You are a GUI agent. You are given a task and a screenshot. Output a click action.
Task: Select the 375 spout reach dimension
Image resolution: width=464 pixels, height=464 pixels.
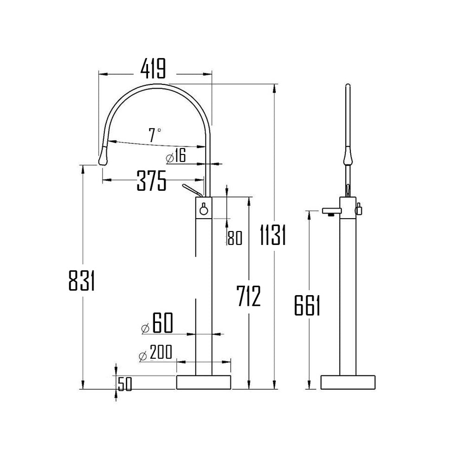coord(151,180)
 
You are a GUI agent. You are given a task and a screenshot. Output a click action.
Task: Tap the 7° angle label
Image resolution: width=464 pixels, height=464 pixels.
coord(155,135)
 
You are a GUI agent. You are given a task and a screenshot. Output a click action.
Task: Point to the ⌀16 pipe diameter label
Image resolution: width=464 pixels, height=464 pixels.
coord(175,157)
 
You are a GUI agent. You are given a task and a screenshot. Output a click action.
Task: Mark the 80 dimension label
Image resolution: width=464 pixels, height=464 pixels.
coord(235,238)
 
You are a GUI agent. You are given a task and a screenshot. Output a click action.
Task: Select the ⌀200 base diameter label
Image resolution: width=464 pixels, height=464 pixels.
coord(155,354)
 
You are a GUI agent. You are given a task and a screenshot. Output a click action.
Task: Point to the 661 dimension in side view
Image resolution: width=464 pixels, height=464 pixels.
coord(308,306)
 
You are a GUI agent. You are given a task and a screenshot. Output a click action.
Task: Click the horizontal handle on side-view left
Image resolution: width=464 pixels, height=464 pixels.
coord(330,212)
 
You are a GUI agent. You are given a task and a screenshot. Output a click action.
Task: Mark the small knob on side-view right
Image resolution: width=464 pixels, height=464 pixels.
coord(358,210)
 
